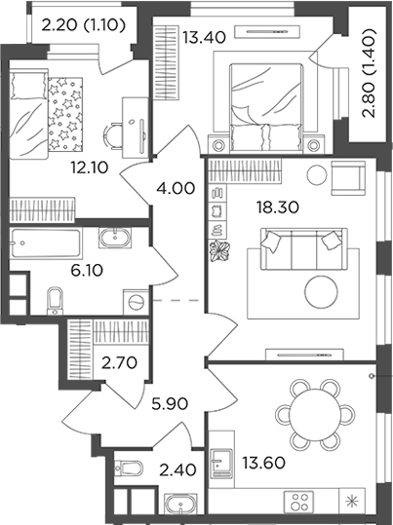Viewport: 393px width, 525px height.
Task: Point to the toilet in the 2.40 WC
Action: pyautogui.click(x=128, y=469)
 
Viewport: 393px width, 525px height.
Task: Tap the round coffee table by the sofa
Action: pyautogui.click(x=320, y=289)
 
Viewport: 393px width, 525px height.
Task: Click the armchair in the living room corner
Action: pyautogui.click(x=347, y=177)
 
